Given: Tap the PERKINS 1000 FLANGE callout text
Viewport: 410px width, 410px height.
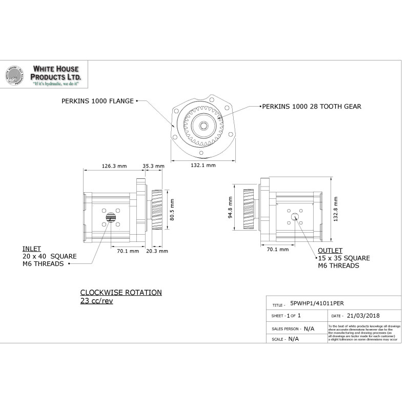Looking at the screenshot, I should point(98,101).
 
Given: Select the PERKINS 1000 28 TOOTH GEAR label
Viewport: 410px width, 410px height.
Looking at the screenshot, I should point(311,107).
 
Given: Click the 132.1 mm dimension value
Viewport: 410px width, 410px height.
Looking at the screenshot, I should point(203,166).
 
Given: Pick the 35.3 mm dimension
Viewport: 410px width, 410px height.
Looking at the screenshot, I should point(153,166).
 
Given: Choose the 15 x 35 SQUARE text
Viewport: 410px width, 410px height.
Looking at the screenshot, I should point(343,258).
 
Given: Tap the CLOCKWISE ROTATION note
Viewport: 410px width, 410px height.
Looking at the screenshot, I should point(120,293).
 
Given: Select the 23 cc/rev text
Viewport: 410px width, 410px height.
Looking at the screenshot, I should point(96,301).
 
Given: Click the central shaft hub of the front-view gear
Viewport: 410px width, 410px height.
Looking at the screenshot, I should point(204,126).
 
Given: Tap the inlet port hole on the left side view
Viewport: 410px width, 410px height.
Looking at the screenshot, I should point(110,218).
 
